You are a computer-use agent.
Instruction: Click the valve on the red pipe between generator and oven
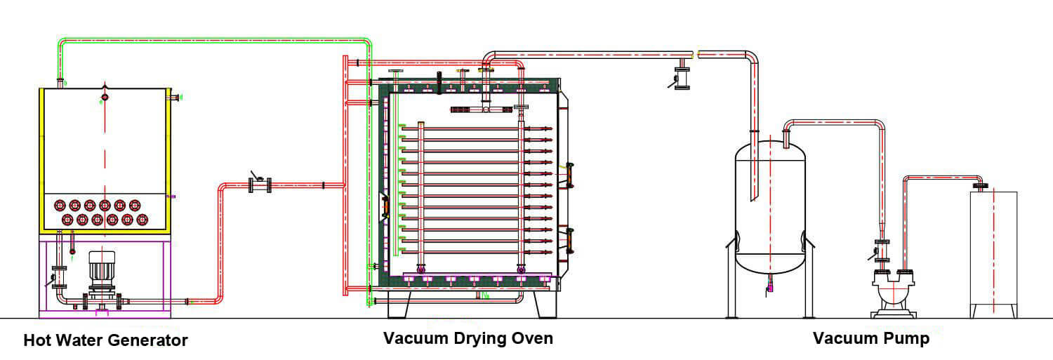[x=260, y=185]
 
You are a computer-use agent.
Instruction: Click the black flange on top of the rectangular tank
[x=981, y=187]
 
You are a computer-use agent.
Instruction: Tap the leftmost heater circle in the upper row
[x=59, y=206]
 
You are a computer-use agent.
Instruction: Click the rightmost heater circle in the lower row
[x=143, y=220]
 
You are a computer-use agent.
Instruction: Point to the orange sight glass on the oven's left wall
[x=384, y=207]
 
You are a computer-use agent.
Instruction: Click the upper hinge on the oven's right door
[x=570, y=175]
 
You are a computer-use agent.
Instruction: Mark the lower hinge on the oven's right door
[x=570, y=240]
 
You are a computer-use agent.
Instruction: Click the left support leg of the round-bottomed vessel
[x=729, y=277]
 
